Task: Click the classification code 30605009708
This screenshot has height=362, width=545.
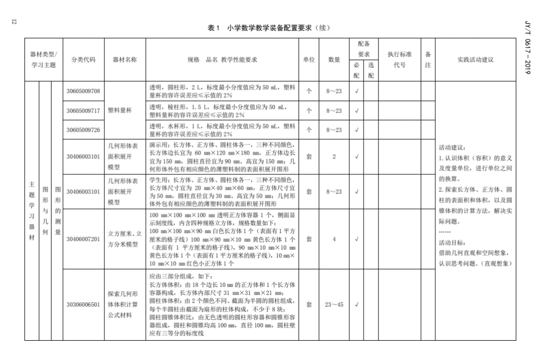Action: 83,91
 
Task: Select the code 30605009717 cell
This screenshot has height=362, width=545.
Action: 83,110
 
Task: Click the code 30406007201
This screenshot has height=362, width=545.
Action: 83,239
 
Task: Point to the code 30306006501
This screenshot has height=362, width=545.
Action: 83,304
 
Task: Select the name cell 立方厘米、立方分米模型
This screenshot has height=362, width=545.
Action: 125,239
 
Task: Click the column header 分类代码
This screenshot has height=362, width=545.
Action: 83,60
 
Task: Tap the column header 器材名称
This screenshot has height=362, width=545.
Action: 125,60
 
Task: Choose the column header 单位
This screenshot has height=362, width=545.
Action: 309,60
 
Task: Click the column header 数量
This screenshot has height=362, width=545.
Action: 334,60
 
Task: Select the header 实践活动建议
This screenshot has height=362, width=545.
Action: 475,60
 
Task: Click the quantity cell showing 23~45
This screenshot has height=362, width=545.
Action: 334,304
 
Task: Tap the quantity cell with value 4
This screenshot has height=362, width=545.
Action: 334,239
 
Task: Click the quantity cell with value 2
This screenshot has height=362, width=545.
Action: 334,156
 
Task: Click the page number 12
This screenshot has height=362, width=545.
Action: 14,21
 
